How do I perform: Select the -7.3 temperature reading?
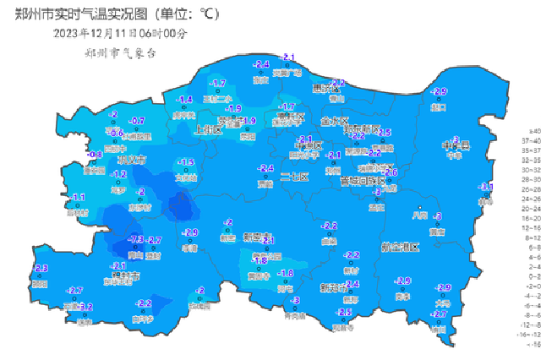click(x=134, y=240)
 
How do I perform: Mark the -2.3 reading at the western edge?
click(x=40, y=268)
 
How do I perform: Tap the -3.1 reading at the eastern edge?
click(x=486, y=187)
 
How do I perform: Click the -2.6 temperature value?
click(x=390, y=173)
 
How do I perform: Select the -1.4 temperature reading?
click(x=183, y=100)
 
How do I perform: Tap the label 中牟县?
click(x=456, y=145)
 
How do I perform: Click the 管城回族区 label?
click(x=363, y=181)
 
